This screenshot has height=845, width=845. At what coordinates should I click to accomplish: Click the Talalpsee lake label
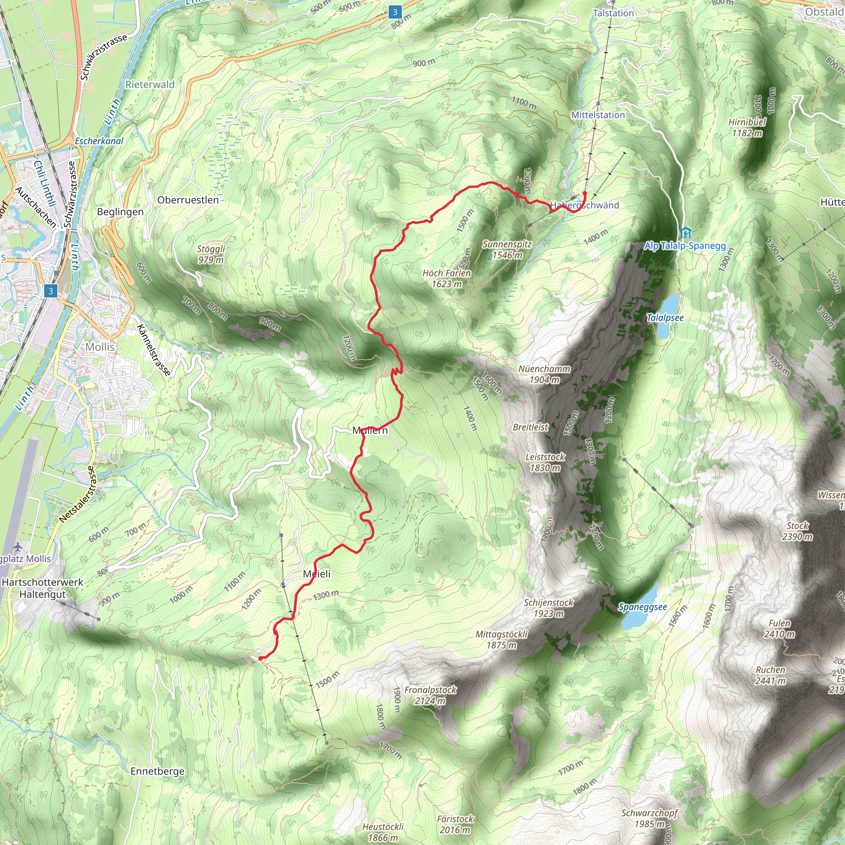point(665,318)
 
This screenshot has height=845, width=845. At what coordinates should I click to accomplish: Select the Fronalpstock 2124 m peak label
point(430,695)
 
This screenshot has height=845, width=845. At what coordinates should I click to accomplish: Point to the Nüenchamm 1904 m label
point(544,374)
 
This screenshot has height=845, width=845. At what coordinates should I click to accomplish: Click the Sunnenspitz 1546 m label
point(507,250)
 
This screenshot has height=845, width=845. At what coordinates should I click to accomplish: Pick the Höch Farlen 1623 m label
point(446,278)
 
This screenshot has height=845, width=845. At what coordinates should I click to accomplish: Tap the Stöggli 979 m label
point(211,254)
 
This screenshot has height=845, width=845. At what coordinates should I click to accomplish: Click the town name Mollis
point(100,347)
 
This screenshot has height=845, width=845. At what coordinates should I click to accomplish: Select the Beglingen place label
point(120,212)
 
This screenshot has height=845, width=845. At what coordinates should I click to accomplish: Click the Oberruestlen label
point(188,200)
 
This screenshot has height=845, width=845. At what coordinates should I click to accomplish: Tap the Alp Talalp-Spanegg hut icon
point(685,233)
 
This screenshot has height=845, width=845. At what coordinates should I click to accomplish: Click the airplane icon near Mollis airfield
point(17,547)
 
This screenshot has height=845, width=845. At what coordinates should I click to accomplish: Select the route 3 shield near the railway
point(51,291)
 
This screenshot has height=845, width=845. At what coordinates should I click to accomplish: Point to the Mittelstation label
point(598,115)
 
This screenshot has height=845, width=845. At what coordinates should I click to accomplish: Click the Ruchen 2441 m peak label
point(770,675)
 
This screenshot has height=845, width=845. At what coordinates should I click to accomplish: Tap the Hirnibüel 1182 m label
point(747,127)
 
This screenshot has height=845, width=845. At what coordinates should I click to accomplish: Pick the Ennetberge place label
point(158,771)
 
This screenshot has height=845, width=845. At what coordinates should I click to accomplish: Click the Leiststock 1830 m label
point(545,462)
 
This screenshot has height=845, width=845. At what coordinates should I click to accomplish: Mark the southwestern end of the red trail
point(261,658)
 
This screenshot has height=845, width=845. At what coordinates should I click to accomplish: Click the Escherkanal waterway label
point(99,141)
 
